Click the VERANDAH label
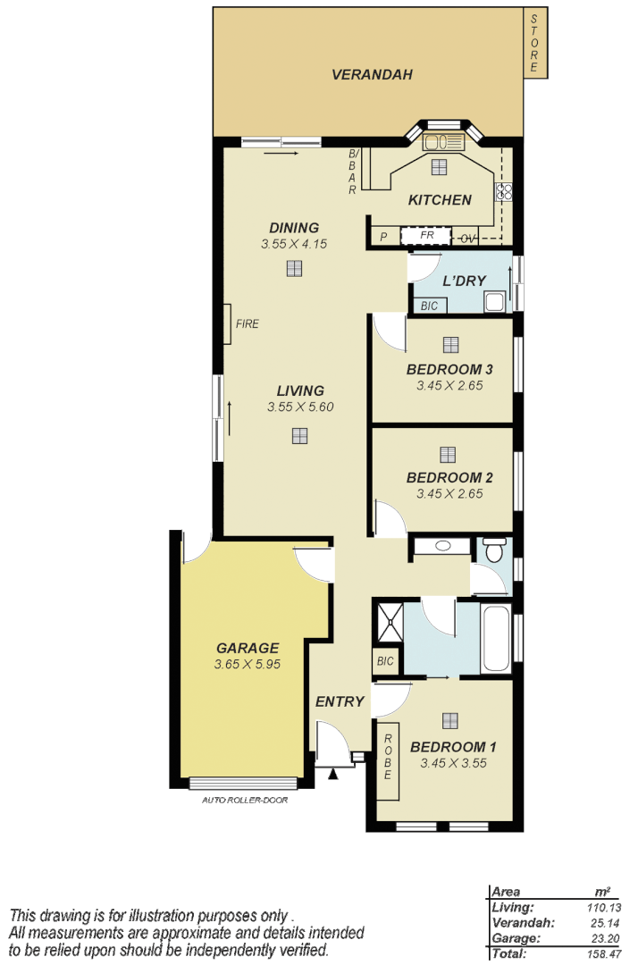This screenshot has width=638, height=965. (372, 75)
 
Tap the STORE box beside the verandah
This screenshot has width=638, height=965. (534, 43)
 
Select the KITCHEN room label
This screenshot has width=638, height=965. (440, 200)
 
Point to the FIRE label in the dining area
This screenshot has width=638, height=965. (248, 324)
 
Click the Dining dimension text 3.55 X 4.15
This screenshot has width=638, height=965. (294, 244)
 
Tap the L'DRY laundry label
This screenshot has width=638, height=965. (464, 281)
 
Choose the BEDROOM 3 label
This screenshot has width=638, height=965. (449, 369)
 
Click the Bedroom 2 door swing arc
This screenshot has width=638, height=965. (389, 518)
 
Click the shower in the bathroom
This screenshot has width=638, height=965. (388, 621)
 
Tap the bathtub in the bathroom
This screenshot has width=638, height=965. (496, 640)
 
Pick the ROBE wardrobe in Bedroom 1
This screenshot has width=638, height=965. (388, 757)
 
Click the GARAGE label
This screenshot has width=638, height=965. (248, 648)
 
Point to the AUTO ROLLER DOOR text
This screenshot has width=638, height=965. (245, 800)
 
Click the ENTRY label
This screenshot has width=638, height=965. (340, 701)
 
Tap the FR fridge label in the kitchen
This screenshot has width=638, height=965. (427, 236)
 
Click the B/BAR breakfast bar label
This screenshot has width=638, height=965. (353, 172)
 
